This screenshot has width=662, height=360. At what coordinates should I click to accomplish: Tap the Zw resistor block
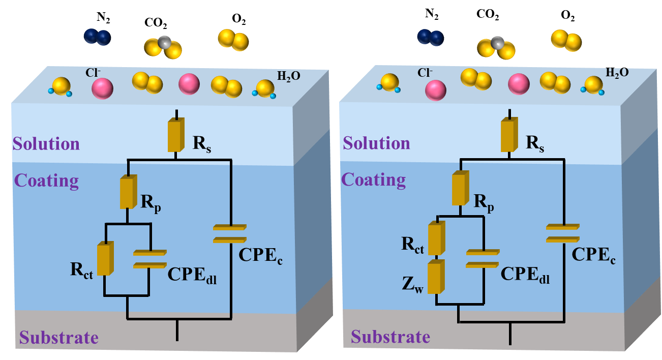(x=435, y=277)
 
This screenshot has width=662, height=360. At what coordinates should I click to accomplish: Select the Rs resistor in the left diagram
(x=175, y=135)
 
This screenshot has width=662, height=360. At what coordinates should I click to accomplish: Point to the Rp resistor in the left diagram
(x=127, y=192)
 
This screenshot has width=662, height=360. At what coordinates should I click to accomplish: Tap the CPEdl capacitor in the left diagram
(x=149, y=259)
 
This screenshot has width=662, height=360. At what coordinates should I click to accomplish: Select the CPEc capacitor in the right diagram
(x=563, y=233)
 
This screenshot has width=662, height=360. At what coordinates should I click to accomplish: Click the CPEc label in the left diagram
(x=260, y=256)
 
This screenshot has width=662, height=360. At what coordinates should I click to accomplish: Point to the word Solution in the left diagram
(x=46, y=144)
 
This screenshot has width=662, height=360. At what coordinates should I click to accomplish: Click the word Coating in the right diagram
(x=374, y=180)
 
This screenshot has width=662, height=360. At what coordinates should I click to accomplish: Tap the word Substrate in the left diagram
(x=58, y=338)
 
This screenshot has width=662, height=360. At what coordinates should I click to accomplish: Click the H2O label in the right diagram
(x=617, y=73)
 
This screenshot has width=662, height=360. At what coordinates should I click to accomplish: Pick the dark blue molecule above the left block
(x=97, y=37)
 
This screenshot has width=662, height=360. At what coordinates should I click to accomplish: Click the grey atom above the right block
(x=497, y=43)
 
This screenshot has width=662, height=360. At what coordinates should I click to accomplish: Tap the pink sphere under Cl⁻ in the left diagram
(x=102, y=88)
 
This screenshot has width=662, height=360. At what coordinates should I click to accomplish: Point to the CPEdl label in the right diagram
(x=525, y=275)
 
